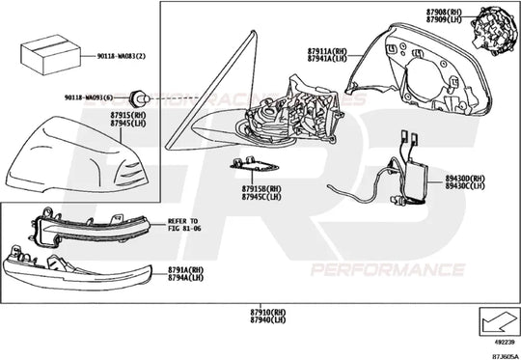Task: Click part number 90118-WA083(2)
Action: click(122, 57)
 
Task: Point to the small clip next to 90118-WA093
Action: click(139, 97)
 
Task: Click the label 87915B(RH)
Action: click(260, 189)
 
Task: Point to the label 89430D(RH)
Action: click(466, 179)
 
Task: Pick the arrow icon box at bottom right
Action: click(499, 319)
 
